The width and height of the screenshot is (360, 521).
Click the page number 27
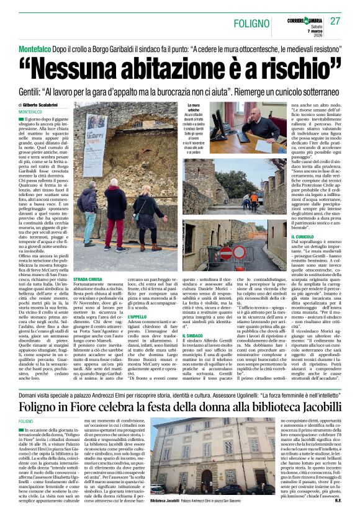tap(336, 21)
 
